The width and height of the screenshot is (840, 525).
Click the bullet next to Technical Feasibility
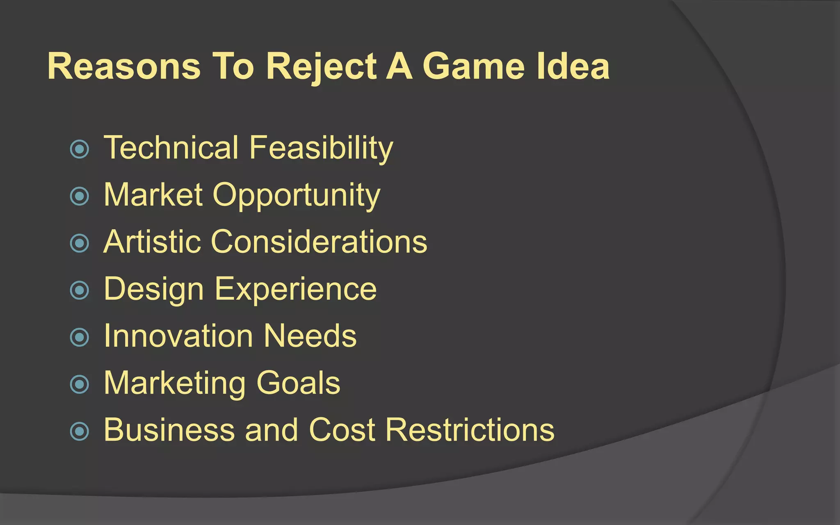(x=80, y=149)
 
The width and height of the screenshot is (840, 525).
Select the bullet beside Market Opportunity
(x=80, y=196)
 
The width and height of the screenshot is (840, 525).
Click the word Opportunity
(x=296, y=195)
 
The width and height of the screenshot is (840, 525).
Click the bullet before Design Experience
(x=80, y=290)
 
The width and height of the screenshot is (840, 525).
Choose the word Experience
(x=295, y=289)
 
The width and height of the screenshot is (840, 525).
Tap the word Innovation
(x=178, y=336)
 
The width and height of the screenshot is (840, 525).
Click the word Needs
(x=310, y=336)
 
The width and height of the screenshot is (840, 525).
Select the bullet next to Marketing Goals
(x=80, y=384)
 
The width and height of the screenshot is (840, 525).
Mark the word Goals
(x=298, y=383)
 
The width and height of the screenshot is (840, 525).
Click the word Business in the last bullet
(x=169, y=430)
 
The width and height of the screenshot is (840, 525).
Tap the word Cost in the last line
(x=342, y=430)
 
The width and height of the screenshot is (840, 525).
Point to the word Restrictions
(x=470, y=430)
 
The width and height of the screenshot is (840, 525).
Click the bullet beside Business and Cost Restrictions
(x=80, y=431)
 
